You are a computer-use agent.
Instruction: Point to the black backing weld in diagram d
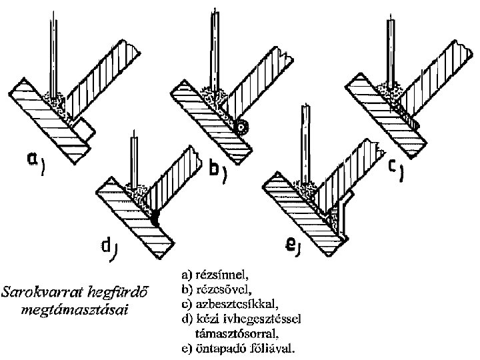pos(155,217)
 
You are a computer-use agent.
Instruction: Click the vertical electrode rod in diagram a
pos(51,53)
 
